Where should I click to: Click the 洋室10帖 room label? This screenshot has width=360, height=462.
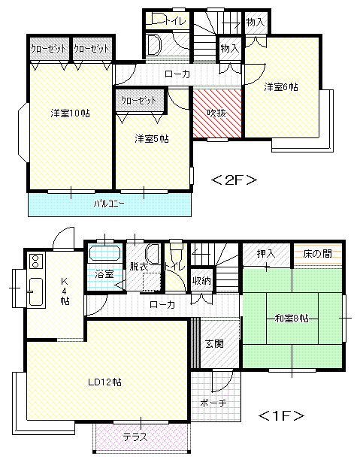pyautogui.click(x=70, y=113)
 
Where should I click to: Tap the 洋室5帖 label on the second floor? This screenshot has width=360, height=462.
pyautogui.click(x=152, y=138)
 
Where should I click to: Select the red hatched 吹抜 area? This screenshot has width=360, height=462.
pyautogui.click(x=216, y=113)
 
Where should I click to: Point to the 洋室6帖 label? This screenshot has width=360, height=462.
pyautogui.click(x=280, y=87)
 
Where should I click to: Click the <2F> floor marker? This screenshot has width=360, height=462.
pyautogui.click(x=234, y=180)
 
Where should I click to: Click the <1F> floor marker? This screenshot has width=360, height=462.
pyautogui.click(x=281, y=415)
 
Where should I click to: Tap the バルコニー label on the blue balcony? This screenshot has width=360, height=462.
pyautogui.click(x=109, y=204)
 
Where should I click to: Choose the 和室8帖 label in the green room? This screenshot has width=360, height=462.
pyautogui.click(x=292, y=319)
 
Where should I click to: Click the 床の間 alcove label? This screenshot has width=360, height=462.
pyautogui.click(x=317, y=254)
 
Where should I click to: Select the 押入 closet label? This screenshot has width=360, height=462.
pyautogui.click(x=265, y=254)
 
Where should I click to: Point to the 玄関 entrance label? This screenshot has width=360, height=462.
pyautogui.click(x=214, y=343)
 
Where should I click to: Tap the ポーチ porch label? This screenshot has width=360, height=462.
pyautogui.click(x=213, y=403)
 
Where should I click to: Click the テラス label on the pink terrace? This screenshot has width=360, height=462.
pyautogui.click(x=135, y=436)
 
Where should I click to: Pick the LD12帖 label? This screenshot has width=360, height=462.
pyautogui.click(x=104, y=382)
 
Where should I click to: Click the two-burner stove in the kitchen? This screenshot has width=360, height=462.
pyautogui.click(x=35, y=261)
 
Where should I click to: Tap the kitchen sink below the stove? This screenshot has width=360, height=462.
pyautogui.click(x=36, y=292)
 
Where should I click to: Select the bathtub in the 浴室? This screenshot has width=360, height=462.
pyautogui.click(x=105, y=253)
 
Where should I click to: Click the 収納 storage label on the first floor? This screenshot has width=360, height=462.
pyautogui.click(x=201, y=281)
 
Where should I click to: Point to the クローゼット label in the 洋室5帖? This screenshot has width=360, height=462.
pyautogui.click(x=138, y=101)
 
